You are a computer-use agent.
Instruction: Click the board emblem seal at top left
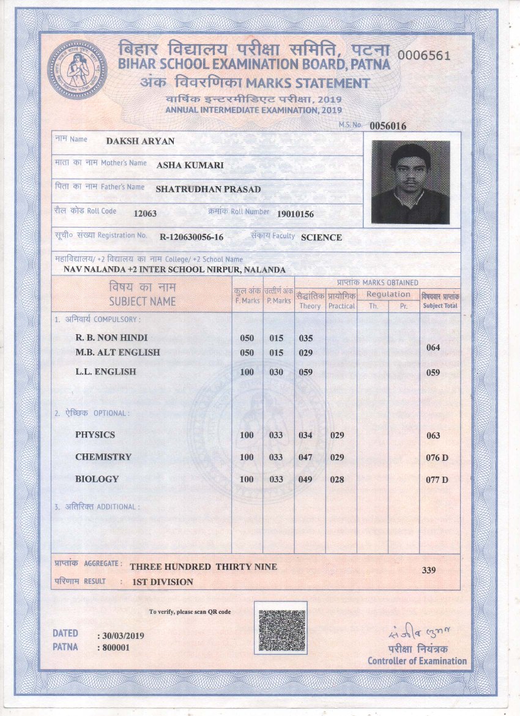tap(77, 70)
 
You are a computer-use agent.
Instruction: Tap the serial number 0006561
tap(424, 55)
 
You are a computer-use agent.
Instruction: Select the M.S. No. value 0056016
tap(388, 126)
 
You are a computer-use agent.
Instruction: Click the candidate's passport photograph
tap(410, 182)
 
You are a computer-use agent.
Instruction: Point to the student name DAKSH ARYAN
tap(140, 141)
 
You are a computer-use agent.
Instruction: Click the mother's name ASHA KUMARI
tap(190, 165)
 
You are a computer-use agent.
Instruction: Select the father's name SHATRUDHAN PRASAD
tap(208, 190)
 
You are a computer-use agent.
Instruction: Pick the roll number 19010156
tap(295, 214)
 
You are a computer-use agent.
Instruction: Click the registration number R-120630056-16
tap(191, 237)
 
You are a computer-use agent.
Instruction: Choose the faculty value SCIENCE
tap(321, 237)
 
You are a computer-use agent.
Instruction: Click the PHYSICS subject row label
tap(95, 435)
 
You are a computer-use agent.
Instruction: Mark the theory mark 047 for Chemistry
tap(305, 457)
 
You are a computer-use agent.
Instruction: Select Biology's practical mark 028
tap(336, 479)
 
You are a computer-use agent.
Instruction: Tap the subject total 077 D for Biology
tap(437, 480)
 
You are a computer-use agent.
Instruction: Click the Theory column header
tap(310, 306)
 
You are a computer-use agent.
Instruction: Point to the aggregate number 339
tap(429, 570)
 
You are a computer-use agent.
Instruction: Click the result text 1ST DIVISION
tap(163, 582)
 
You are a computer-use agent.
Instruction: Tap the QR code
tap(280, 627)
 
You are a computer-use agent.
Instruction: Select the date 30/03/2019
tap(123, 636)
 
